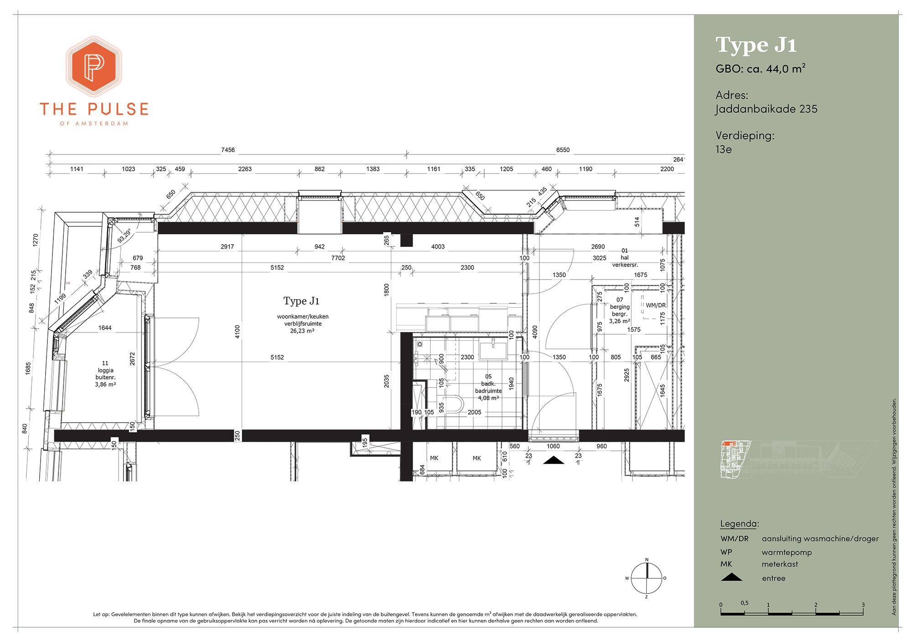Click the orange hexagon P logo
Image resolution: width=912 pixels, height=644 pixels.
click(x=94, y=66)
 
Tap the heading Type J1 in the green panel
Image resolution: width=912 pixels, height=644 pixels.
click(x=757, y=45)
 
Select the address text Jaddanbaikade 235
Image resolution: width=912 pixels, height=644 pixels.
click(x=766, y=109)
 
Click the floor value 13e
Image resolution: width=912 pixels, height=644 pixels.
click(x=724, y=149)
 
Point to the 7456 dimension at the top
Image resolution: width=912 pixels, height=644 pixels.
click(x=228, y=150)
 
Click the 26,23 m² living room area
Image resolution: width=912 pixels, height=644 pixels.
click(x=302, y=331)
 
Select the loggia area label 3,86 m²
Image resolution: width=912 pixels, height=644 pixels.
click(x=105, y=384)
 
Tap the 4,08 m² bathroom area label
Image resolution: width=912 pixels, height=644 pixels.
click(x=488, y=398)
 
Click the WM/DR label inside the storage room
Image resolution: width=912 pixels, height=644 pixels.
click(x=656, y=305)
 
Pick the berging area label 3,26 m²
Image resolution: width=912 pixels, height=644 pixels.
click(x=620, y=321)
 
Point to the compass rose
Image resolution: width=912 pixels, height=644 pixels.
click(x=646, y=578)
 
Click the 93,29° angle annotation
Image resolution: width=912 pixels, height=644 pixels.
click(x=124, y=235)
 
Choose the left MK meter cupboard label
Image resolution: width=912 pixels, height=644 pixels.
click(x=434, y=458)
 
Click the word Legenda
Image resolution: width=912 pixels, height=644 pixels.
click(x=739, y=523)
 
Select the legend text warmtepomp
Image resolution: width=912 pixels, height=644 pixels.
click(x=787, y=552)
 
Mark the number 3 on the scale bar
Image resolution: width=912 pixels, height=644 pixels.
click(x=863, y=605)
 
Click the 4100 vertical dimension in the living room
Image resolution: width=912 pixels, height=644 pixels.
click(x=237, y=332)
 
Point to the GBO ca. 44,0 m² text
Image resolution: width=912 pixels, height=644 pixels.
click(x=761, y=69)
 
